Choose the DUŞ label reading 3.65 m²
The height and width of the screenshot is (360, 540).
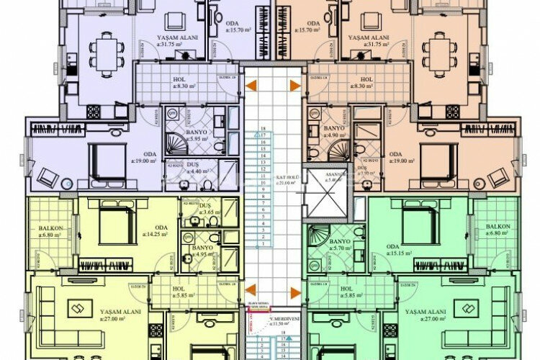tap(206, 210)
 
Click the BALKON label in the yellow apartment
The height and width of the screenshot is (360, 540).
tap(52, 230)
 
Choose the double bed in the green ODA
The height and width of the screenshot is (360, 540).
tap(420, 223)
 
